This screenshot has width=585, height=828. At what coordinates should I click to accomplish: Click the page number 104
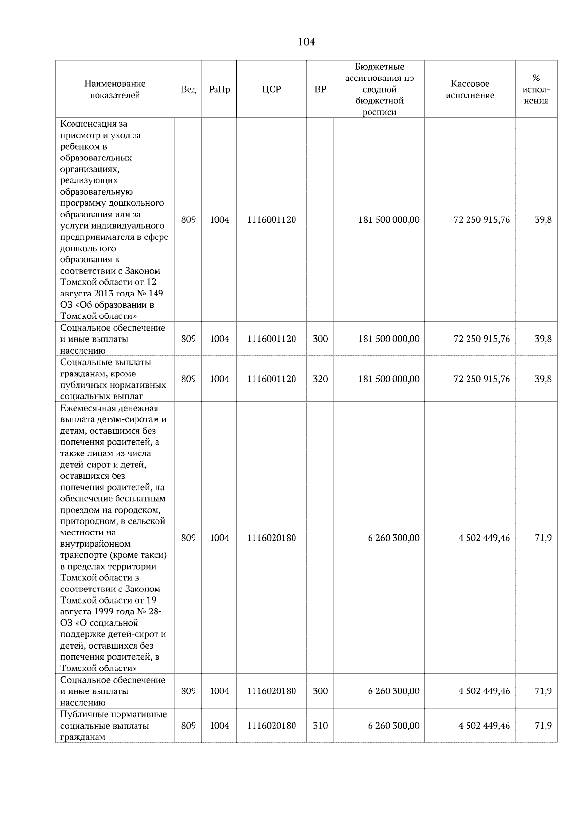pos(306,42)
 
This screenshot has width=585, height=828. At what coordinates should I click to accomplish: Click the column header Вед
pos(188,90)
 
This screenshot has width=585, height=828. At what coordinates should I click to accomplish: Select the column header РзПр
pos(219,90)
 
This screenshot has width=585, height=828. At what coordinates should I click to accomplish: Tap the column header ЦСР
pos(271,90)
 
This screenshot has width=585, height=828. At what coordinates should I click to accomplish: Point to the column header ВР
pos(320,90)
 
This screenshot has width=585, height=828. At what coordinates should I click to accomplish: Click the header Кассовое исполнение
pos(469,90)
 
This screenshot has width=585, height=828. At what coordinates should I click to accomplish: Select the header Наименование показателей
pos(115,90)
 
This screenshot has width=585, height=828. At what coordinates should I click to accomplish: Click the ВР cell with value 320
pos(320,379)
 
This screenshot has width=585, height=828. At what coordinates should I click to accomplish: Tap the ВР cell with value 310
pos(320,726)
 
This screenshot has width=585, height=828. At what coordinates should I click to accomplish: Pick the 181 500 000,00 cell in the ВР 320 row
pos(389,379)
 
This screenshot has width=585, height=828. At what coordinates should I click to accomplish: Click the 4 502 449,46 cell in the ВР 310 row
pos(484,726)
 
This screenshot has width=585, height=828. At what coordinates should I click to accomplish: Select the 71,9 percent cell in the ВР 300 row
pos(543,691)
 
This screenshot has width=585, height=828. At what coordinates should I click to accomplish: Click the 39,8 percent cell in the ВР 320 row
pos(543,379)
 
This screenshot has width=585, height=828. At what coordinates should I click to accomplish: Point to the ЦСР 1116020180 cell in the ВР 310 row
pos(271,726)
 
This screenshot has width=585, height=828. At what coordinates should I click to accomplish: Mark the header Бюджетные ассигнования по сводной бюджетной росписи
pos(379,90)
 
